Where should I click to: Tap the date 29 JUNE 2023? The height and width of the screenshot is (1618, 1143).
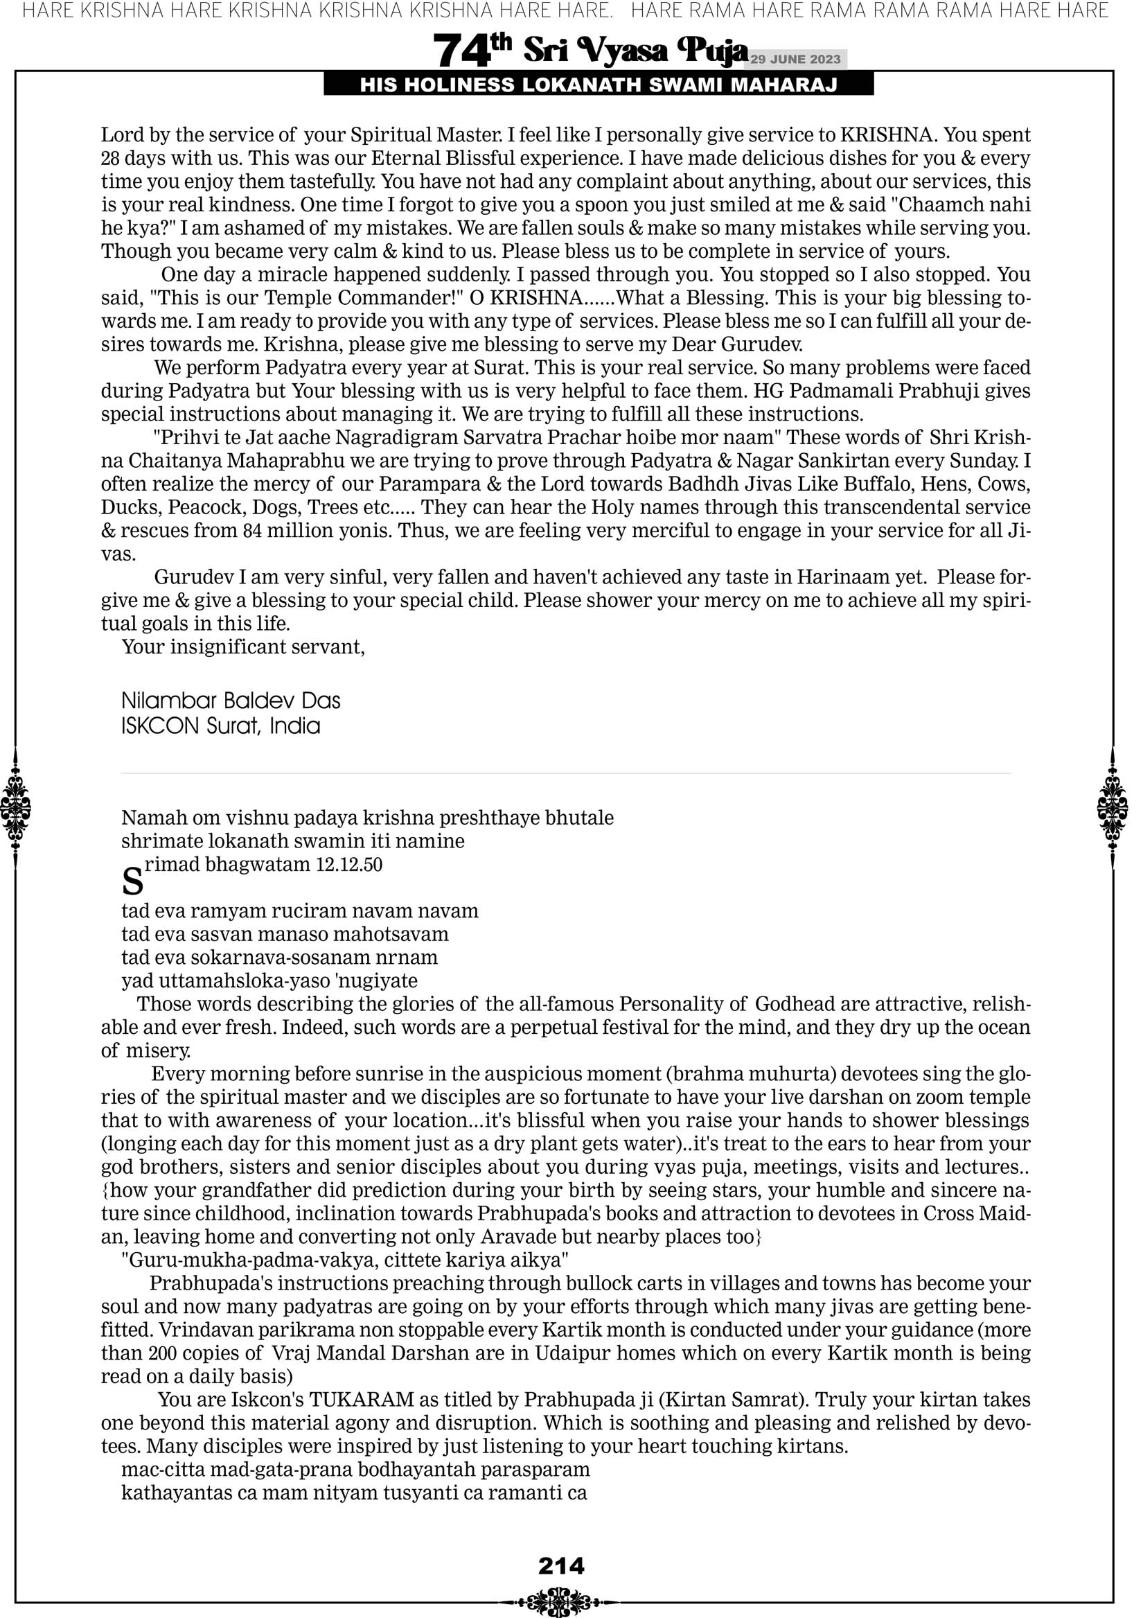click(795, 59)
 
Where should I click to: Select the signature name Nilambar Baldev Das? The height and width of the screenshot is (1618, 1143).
click(231, 701)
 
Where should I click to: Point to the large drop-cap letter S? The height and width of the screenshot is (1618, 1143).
click(132, 881)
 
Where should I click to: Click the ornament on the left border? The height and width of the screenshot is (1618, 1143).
click(15, 808)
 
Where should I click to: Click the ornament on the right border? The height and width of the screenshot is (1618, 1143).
click(1113, 808)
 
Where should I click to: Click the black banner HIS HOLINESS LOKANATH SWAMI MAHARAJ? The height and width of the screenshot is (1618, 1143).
click(599, 85)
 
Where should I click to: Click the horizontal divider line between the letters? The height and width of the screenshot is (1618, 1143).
click(566, 774)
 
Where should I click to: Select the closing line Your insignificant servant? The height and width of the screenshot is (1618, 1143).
click(243, 647)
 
